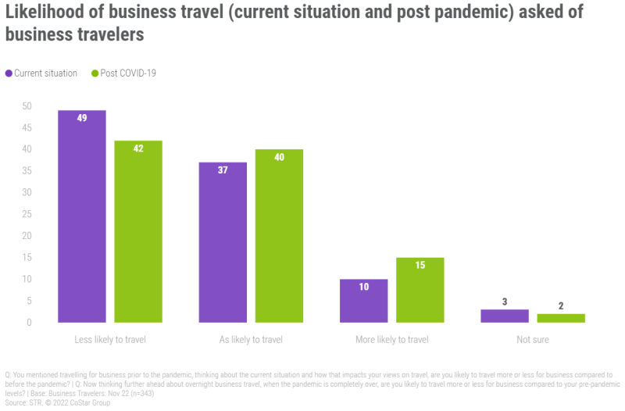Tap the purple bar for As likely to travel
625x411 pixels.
[x=223, y=242]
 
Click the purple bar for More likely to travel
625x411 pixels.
[x=363, y=301]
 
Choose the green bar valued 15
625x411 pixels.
[x=420, y=290]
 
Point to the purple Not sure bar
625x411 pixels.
[x=504, y=316]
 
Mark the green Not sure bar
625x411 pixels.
[x=560, y=318]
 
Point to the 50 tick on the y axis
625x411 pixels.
[x=27, y=105]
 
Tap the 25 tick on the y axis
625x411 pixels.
[x=27, y=214]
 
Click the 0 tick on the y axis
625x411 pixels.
[x=29, y=322]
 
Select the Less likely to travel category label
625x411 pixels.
[x=110, y=340]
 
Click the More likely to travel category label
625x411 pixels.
[x=391, y=340]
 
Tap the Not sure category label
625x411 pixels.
[x=532, y=340]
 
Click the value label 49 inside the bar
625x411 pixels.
[x=82, y=118]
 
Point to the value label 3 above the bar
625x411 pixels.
[x=504, y=302]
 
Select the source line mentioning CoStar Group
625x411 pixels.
[x=58, y=403]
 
